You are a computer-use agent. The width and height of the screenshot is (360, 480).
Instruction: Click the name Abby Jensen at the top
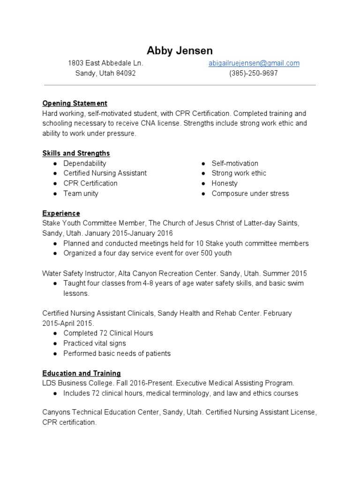pyautogui.click(x=180, y=50)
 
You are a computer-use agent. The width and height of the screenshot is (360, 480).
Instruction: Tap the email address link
pyautogui.click(x=254, y=63)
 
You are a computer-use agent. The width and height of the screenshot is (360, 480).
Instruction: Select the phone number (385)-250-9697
pyautogui.click(x=253, y=74)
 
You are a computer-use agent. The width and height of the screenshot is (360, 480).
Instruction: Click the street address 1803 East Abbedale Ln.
pyautogui.click(x=105, y=63)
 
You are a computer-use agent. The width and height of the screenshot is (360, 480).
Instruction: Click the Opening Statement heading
pyautogui.click(x=75, y=103)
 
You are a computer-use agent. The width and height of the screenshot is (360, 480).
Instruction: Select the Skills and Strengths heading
pyautogui.click(x=76, y=153)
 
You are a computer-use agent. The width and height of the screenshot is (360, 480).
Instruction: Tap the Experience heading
pyautogui.click(x=61, y=213)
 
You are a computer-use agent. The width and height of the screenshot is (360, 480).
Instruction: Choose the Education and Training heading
pyautogui.click(x=81, y=374)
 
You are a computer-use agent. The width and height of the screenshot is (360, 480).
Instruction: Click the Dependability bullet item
pyautogui.click(x=85, y=163)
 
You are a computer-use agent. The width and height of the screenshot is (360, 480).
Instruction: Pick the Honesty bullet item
pyautogui.click(x=225, y=183)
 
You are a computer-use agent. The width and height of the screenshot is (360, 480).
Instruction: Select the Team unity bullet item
pyautogui.click(x=81, y=194)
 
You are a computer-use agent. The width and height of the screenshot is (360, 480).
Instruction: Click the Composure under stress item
pyautogui.click(x=250, y=194)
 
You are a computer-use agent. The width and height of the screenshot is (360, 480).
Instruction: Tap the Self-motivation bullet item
pyautogui.click(x=235, y=163)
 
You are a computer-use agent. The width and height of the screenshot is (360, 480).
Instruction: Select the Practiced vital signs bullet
pyautogui.click(x=95, y=343)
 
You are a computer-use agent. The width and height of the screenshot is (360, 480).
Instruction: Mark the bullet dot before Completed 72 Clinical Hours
pyautogui.click(x=55, y=333)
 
